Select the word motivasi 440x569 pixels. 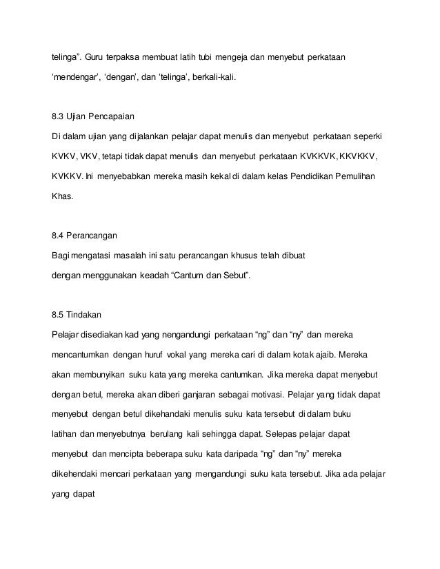[266, 396]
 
